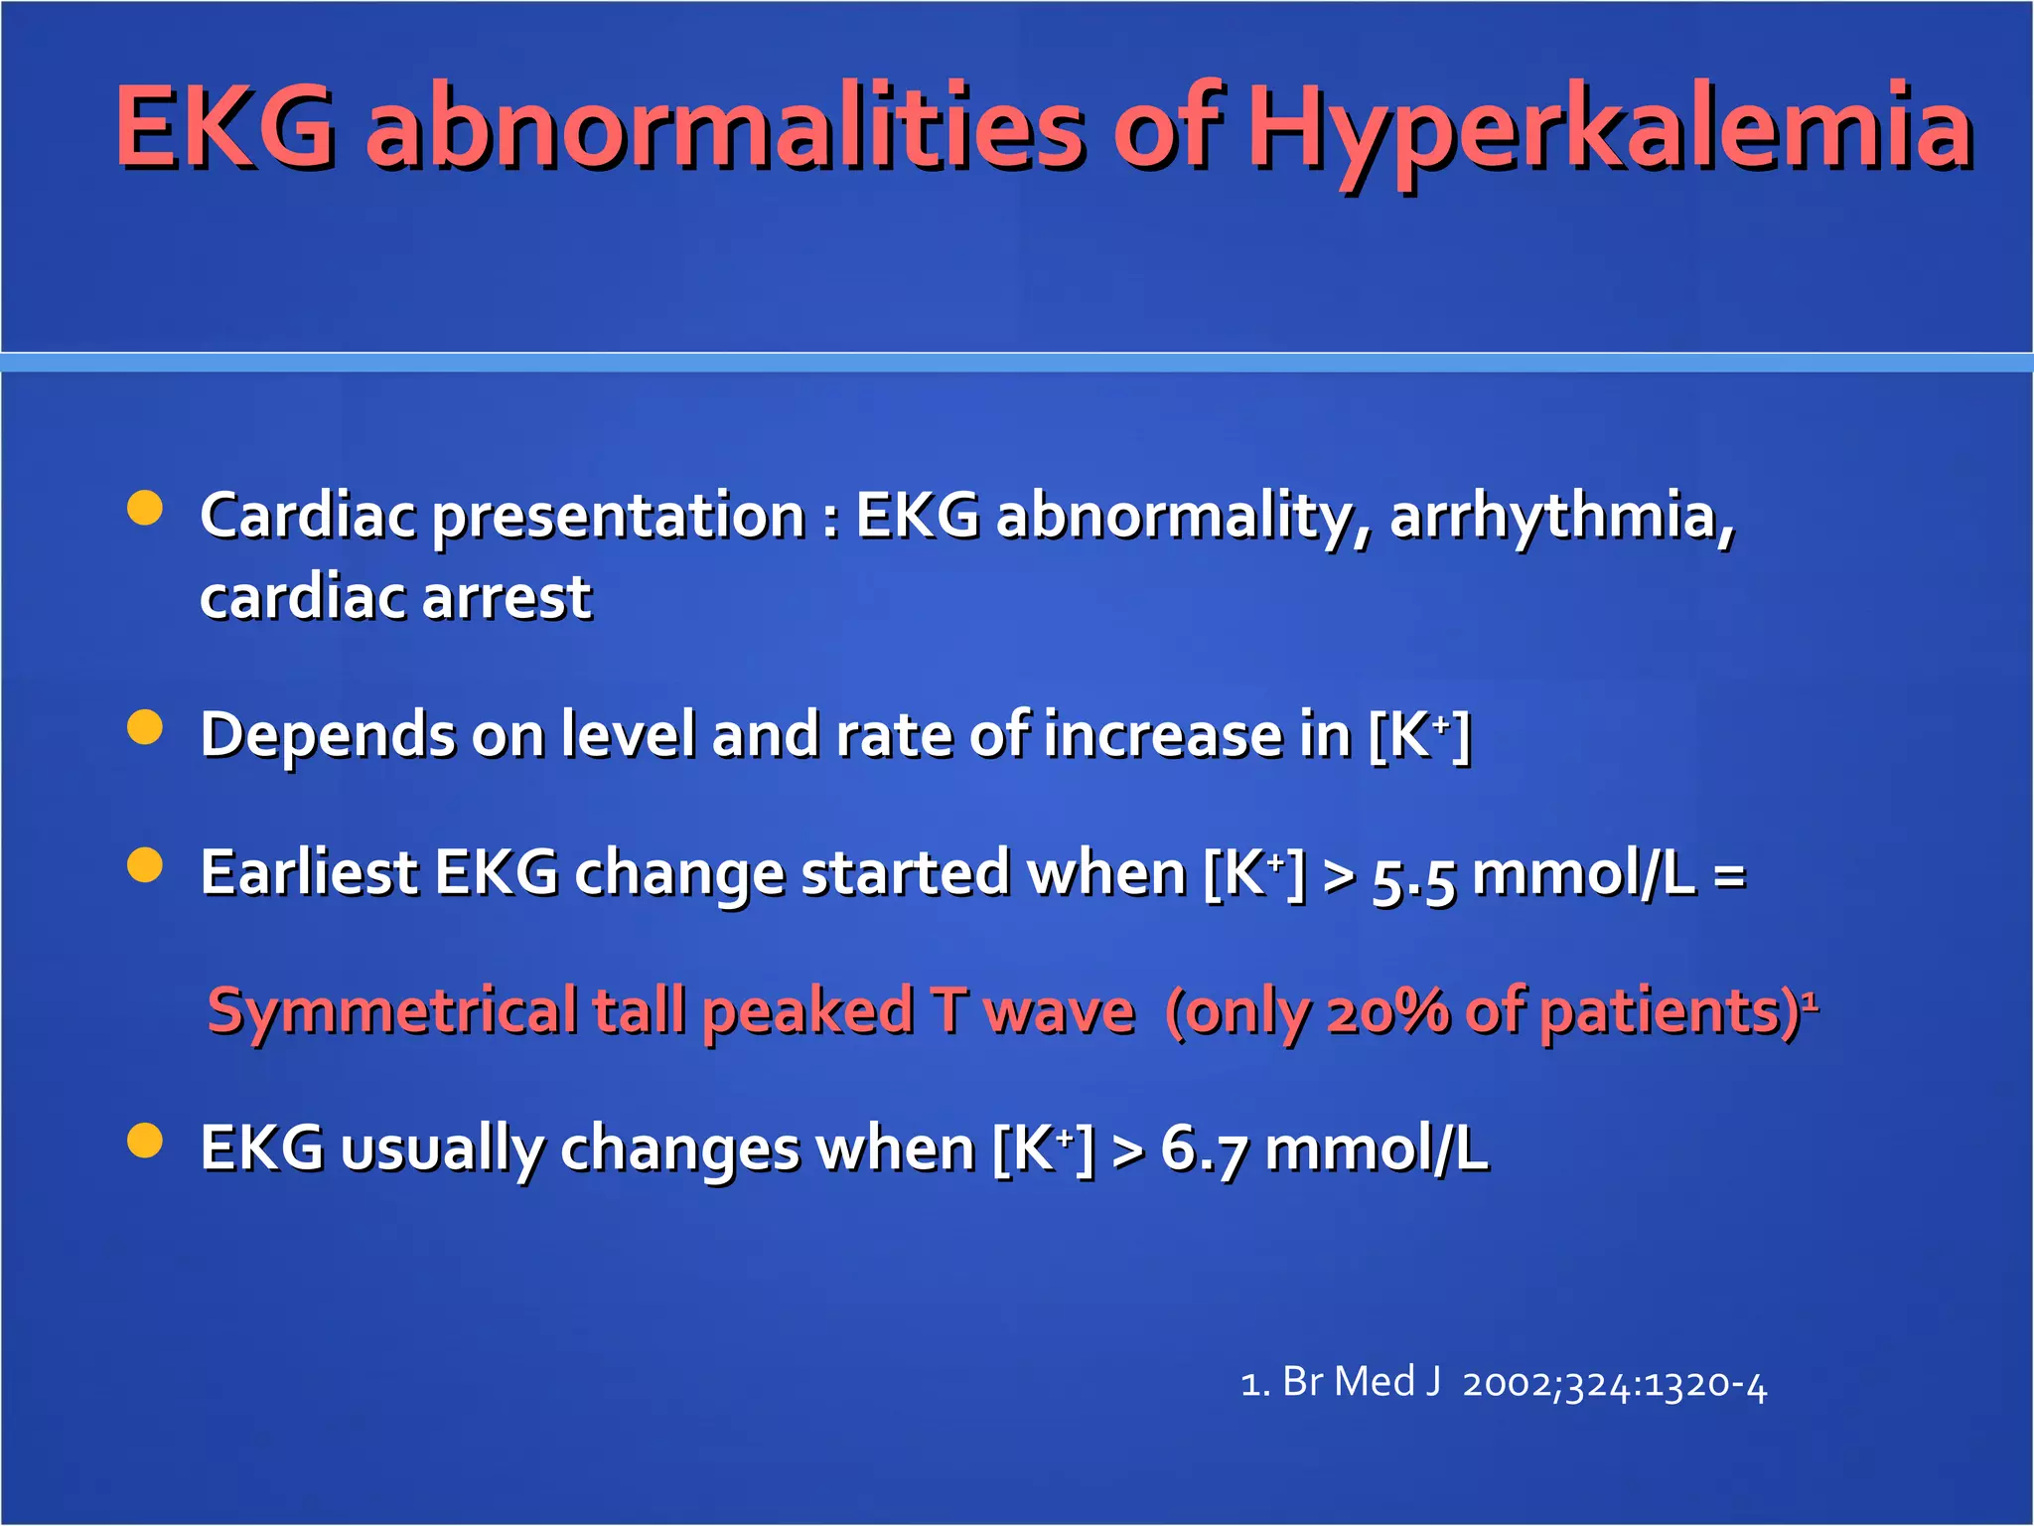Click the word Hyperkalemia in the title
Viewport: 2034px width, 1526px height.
1609,129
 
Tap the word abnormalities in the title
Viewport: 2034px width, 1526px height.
725,129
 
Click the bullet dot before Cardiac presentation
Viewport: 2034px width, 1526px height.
145,508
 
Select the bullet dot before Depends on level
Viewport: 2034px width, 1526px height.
145,726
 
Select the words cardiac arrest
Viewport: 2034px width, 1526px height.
395,598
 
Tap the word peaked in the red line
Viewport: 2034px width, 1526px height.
807,1013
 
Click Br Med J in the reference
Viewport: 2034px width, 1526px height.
1361,1382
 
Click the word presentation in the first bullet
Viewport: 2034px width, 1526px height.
619,517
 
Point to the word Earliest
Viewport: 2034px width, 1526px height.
308,874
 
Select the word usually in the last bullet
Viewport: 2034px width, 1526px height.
442,1150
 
